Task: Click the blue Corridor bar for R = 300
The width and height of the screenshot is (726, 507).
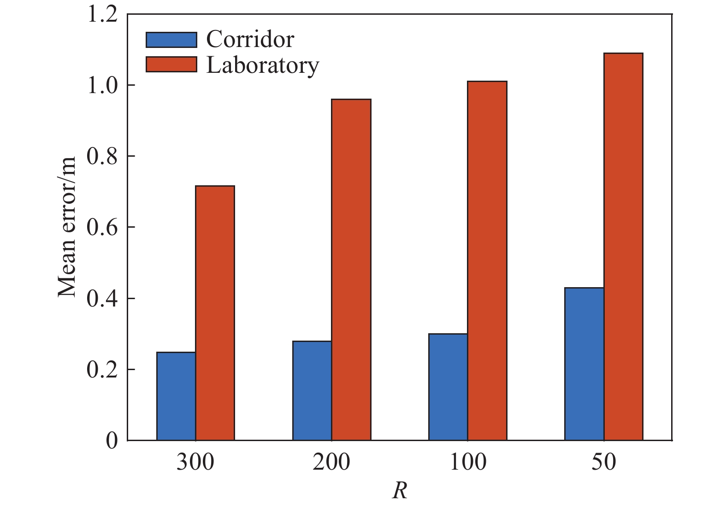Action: [176, 396]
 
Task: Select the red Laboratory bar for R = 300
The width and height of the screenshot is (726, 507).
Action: [215, 313]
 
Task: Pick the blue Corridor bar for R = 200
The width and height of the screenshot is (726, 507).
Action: [312, 391]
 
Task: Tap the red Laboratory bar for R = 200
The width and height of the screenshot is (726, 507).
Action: [351, 270]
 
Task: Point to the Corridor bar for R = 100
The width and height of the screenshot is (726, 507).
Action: [448, 387]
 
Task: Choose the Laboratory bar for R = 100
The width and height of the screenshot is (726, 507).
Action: [487, 260]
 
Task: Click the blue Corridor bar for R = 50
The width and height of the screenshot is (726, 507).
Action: [584, 364]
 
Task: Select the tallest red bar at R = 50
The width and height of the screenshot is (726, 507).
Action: [623, 247]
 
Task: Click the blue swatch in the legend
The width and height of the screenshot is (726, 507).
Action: [171, 40]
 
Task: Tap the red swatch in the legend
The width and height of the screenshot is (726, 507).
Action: [171, 65]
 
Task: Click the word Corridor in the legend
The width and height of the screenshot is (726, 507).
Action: [250, 40]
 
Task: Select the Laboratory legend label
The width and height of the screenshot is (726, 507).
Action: [262, 65]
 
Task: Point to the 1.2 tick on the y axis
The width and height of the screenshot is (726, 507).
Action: [102, 14]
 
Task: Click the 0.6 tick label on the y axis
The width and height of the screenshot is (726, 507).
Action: [102, 228]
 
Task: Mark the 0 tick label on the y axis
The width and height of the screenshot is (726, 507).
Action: [112, 441]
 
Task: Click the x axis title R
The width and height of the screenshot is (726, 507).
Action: [400, 491]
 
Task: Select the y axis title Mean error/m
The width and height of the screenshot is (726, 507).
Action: [67, 227]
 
